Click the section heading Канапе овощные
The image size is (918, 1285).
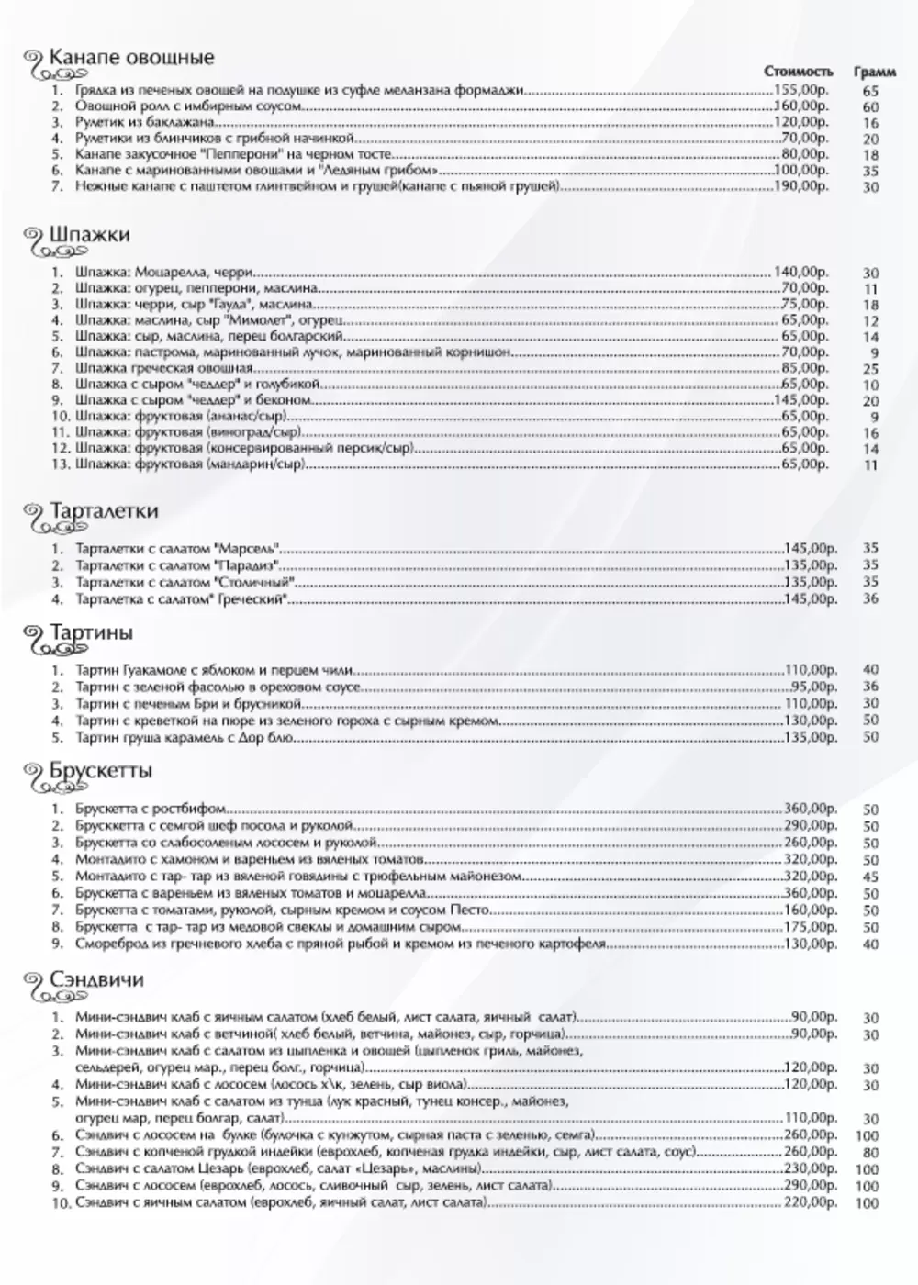click(x=131, y=58)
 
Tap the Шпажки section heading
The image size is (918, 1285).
click(x=89, y=235)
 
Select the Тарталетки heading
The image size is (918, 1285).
click(x=104, y=511)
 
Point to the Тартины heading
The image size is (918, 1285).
click(x=91, y=633)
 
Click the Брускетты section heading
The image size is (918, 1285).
click(x=101, y=771)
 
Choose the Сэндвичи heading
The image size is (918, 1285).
click(x=96, y=980)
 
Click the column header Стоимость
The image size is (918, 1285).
click(x=799, y=72)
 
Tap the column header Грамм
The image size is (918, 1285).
click(x=875, y=72)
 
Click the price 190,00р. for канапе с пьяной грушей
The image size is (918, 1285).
click(x=800, y=186)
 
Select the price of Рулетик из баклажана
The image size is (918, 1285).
click(x=800, y=122)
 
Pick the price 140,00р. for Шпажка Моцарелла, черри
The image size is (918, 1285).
click(x=800, y=272)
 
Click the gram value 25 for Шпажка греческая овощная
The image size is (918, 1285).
click(x=870, y=369)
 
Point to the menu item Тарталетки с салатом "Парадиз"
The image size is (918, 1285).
click(x=178, y=565)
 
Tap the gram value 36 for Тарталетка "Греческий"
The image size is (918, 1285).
click(x=870, y=598)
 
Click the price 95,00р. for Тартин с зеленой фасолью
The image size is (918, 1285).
click(x=813, y=687)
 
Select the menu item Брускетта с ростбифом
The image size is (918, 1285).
click(x=151, y=810)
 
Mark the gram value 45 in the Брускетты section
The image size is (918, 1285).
click(x=870, y=877)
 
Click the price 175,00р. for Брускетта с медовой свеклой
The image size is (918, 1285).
click(x=810, y=927)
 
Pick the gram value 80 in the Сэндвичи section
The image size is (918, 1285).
click(x=870, y=1153)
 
